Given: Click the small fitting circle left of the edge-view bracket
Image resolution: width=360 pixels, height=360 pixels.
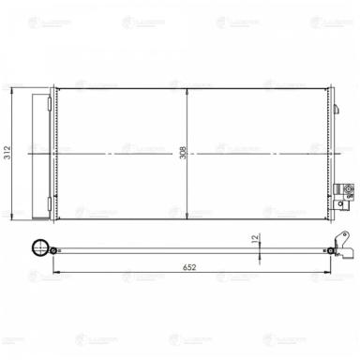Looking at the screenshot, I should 333,249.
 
